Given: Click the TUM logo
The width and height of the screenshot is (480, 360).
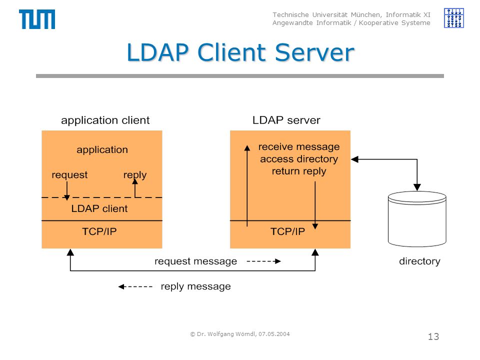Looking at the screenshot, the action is [37, 19].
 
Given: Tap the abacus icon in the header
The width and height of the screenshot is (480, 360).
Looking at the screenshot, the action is [453, 18].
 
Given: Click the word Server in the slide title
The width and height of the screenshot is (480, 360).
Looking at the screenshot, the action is [314, 52].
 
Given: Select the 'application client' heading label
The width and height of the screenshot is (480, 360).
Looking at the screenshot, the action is [105, 120].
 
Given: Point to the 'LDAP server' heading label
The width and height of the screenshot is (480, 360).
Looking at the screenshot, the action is [286, 120].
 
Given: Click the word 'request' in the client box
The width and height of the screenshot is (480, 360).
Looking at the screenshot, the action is [69, 175].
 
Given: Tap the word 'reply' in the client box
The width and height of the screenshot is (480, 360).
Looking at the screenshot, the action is [134, 175].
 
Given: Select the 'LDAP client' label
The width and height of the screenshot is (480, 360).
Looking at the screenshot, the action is [99, 208].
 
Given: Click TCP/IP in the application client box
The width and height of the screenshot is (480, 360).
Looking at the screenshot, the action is [99, 231].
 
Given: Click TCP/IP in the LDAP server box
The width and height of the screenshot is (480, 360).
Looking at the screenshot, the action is [287, 231].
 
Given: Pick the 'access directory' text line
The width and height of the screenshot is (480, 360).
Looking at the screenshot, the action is [299, 159].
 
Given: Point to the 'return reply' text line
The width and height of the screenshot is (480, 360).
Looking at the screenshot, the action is [299, 171].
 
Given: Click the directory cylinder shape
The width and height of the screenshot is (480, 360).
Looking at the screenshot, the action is [417, 218].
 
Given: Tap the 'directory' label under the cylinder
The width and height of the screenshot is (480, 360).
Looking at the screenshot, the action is [419, 261].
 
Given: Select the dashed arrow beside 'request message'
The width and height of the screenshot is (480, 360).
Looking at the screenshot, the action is [263, 261].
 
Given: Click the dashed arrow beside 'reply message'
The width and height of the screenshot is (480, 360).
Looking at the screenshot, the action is [135, 286].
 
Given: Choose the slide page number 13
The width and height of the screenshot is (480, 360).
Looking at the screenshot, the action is [433, 336].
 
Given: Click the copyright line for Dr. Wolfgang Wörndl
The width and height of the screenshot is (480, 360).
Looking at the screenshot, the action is [240, 334].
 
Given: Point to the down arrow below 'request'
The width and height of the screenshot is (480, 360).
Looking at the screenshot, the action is [66, 190].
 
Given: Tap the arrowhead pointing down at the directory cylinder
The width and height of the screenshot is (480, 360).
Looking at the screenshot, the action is [417, 187].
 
